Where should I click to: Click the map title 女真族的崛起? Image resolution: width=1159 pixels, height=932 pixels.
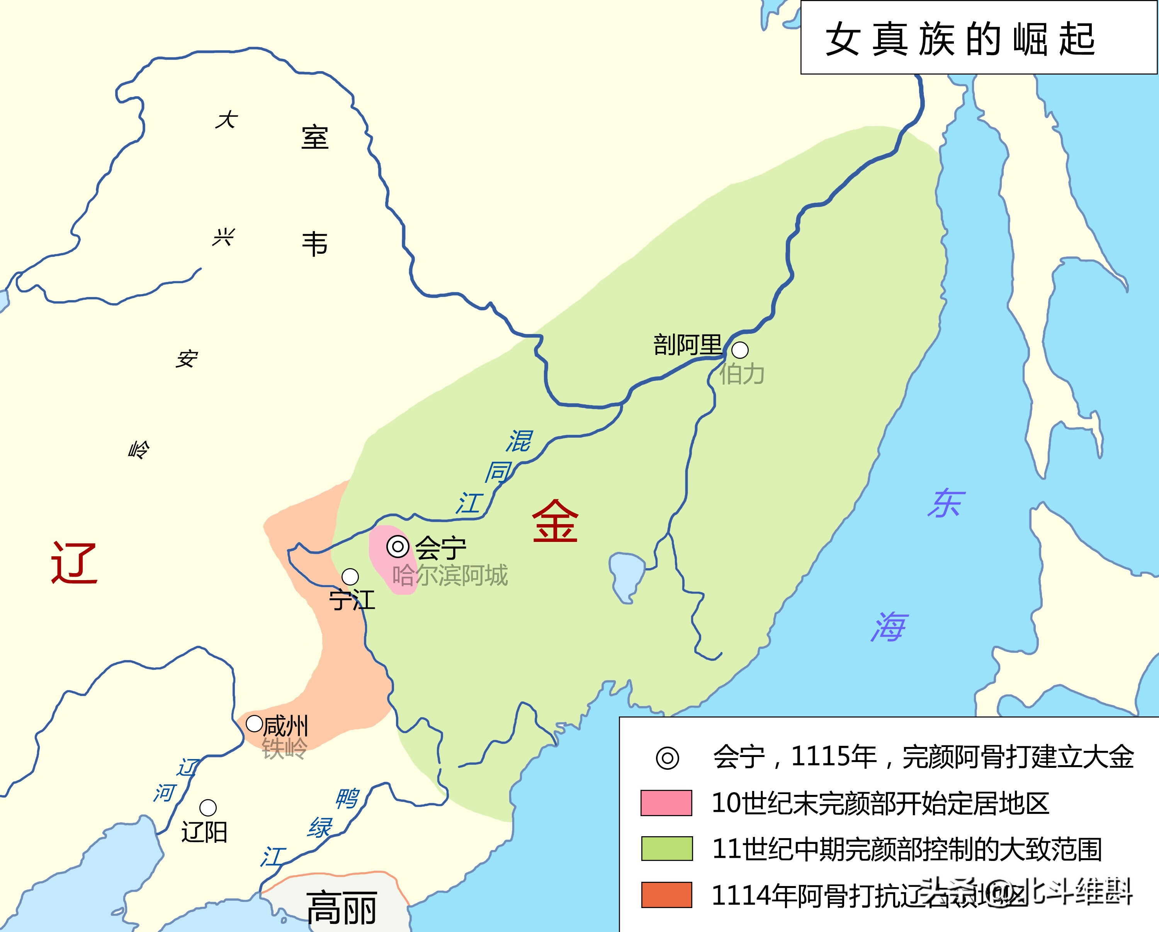(x=960, y=39)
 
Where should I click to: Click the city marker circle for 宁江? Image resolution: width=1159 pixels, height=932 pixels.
(x=350, y=577)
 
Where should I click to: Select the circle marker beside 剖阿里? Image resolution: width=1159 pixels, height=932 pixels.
(x=740, y=350)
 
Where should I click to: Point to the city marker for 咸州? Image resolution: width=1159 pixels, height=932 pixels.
(x=254, y=723)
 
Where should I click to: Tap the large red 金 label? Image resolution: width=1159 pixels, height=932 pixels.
(x=555, y=521)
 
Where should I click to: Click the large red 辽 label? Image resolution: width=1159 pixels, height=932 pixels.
(x=74, y=562)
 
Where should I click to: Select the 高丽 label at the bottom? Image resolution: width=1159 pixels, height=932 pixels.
(x=342, y=908)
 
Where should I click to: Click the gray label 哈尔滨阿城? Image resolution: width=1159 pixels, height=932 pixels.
(x=450, y=575)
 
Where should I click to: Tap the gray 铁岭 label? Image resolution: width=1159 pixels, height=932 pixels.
(x=284, y=749)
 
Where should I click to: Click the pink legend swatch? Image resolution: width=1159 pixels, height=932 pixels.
(x=666, y=803)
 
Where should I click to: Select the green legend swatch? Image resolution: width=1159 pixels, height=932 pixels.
(x=666, y=849)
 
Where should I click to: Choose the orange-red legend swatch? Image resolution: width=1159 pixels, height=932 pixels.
(x=666, y=895)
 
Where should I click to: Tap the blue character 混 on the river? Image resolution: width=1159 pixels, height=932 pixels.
(x=519, y=441)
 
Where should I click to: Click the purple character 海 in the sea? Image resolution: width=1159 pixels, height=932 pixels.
(x=889, y=627)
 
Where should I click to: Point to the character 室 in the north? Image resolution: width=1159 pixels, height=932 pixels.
(x=314, y=138)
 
